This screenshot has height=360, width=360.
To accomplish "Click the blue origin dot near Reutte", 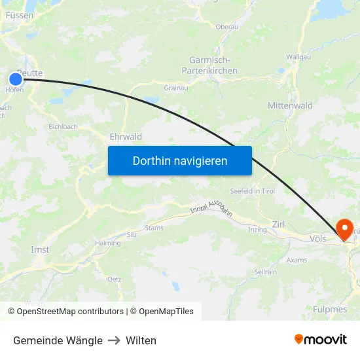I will click(16, 79).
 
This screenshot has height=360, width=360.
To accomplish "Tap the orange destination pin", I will click(344, 229).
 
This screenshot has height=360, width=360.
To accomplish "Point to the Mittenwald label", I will click(290, 105).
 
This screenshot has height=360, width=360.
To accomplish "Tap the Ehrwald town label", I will click(126, 137).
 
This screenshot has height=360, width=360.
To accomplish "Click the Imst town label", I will click(40, 250).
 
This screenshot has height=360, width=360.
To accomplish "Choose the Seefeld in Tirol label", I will click(252, 190).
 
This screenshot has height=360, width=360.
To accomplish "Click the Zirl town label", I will click(278, 223).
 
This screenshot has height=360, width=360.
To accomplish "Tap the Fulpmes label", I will click(330, 309).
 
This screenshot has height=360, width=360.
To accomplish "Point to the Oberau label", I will click(227, 27).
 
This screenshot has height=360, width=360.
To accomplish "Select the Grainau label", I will click(175, 88).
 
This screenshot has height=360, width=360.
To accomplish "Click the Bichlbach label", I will click(63, 126).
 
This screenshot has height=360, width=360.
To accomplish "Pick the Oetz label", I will click(114, 279).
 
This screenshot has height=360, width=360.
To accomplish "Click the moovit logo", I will click(320, 340).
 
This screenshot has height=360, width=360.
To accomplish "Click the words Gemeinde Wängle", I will click(58, 340).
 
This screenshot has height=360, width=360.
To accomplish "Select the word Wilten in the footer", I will click(141, 340).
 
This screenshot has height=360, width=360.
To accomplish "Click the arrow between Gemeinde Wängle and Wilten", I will click(114, 340).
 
